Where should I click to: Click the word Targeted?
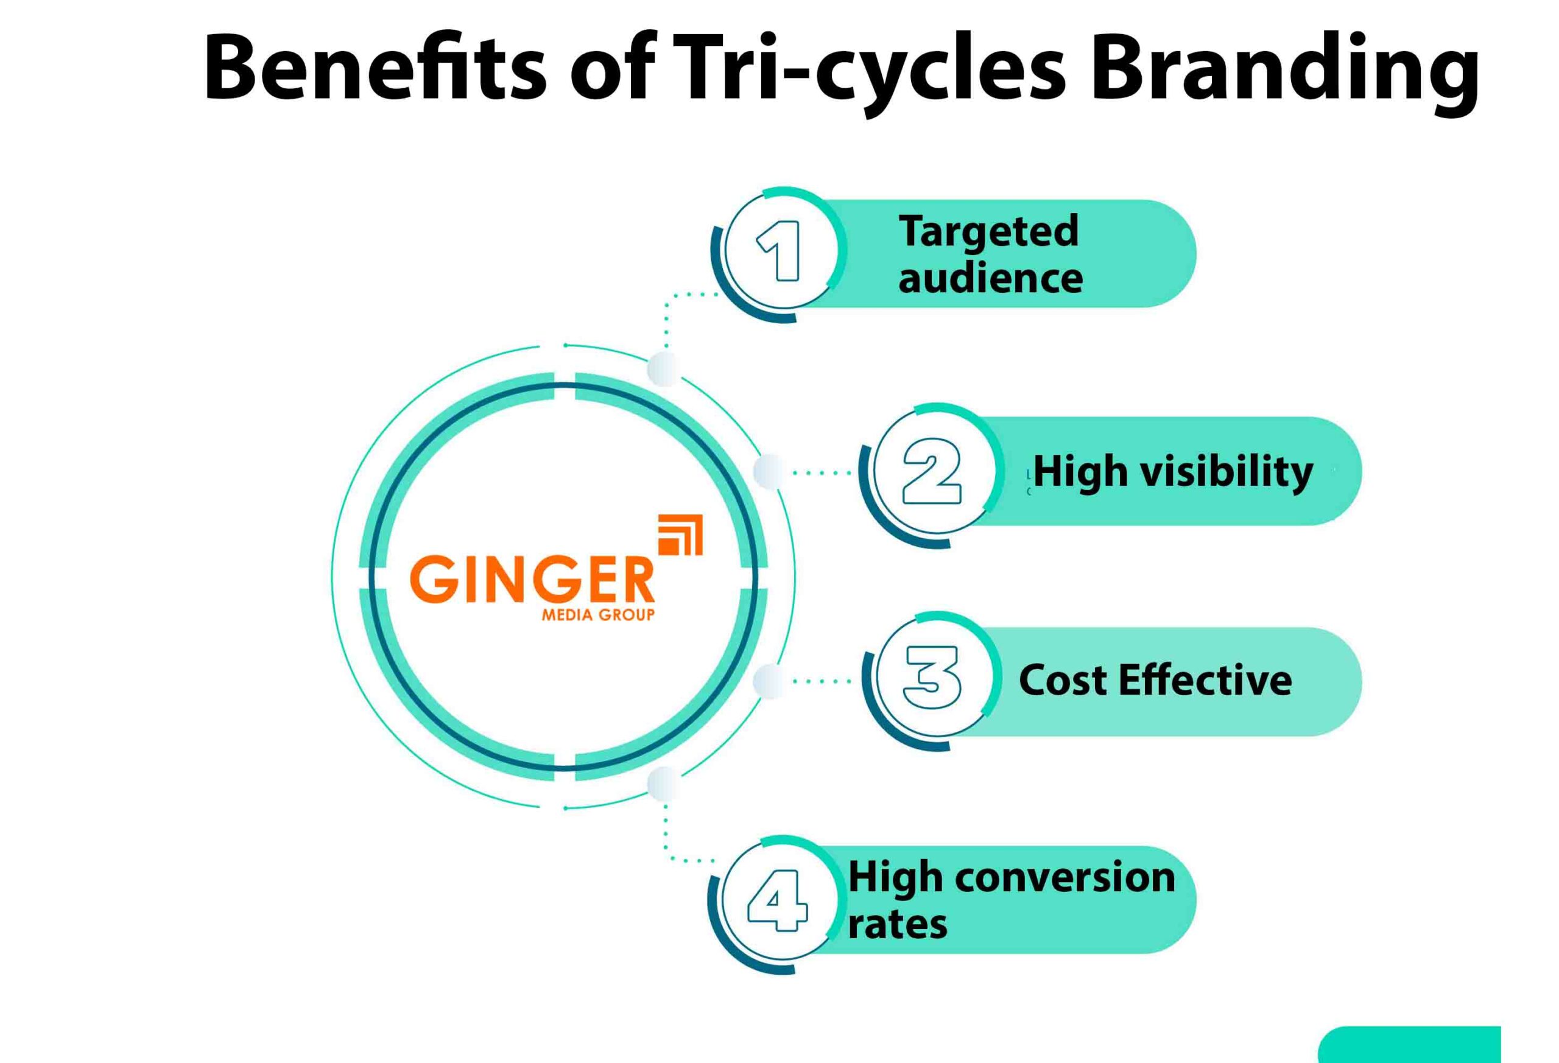click(x=989, y=232)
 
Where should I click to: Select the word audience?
click(x=990, y=278)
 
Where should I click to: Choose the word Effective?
click(x=1205, y=680)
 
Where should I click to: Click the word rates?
click(x=897, y=924)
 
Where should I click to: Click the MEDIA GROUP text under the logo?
click(x=597, y=615)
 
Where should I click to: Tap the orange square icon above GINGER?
click(x=680, y=535)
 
